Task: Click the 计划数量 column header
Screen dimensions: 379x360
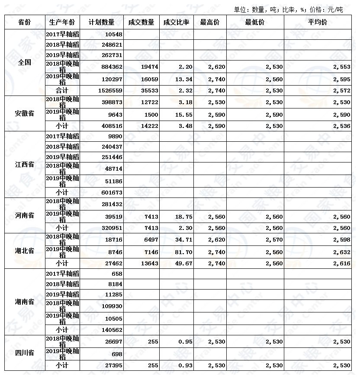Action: click(x=101, y=22)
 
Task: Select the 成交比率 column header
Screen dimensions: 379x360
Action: click(x=176, y=22)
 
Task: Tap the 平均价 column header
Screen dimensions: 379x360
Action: click(x=318, y=22)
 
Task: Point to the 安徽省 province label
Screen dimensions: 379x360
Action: click(x=24, y=114)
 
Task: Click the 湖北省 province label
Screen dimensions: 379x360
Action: click(x=24, y=251)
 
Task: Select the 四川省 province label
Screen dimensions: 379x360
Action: click(x=24, y=353)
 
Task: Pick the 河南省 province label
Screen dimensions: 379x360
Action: click(x=24, y=215)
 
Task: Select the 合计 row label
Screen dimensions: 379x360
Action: click(x=62, y=90)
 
